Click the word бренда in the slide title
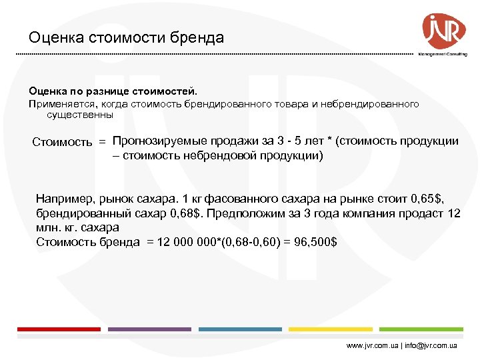coord(199,38)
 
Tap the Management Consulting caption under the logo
coord(442,55)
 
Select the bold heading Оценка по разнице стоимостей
coord(113,89)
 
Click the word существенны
coord(80,115)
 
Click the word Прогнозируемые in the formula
coord(161,141)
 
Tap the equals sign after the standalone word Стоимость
coord(102,142)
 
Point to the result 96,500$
coord(313,241)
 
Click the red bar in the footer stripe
coord(59,329)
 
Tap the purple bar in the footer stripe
coord(149,329)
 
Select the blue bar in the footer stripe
coord(240,329)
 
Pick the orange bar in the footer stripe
coord(331,329)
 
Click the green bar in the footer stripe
coord(421,329)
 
